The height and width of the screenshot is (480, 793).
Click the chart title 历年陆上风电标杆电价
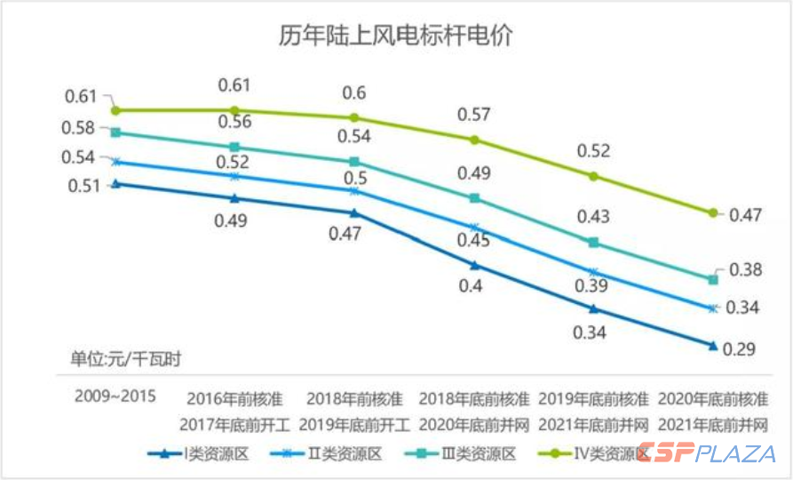[x=395, y=36]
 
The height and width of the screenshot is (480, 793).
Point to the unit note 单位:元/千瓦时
[x=126, y=359]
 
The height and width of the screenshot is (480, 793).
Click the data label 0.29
[x=739, y=348]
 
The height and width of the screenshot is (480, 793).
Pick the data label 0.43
[x=594, y=217]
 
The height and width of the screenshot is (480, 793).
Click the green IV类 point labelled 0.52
[x=594, y=176]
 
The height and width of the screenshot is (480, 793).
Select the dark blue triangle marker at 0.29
[x=713, y=344]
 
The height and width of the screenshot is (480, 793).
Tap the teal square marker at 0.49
[x=474, y=197]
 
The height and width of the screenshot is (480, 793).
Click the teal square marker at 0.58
[x=115, y=132]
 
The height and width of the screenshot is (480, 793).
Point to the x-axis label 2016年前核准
[x=234, y=397]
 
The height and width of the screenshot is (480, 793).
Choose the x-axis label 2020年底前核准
[x=713, y=397]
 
